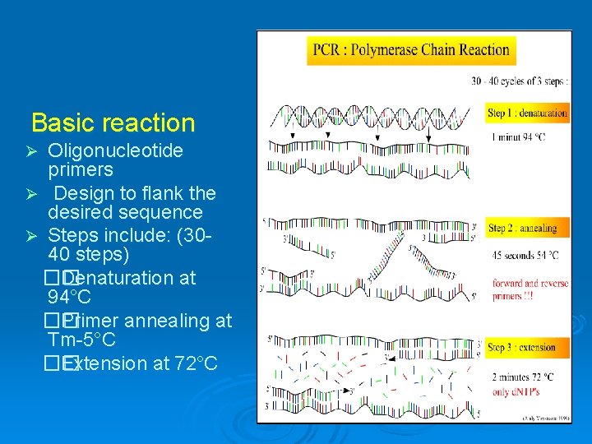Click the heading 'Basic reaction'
click(113, 123)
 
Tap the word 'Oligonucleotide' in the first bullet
click(115, 151)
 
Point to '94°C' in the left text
click(70, 297)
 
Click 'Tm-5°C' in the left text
click(81, 340)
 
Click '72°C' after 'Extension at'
click(197, 363)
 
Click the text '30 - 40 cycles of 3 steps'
click(519, 81)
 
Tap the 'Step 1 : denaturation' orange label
click(527, 113)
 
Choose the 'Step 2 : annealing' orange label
click(522, 228)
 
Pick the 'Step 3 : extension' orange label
click(521, 348)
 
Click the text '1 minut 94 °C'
click(516, 137)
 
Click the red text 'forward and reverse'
click(530, 284)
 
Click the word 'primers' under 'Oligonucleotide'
click(81, 170)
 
